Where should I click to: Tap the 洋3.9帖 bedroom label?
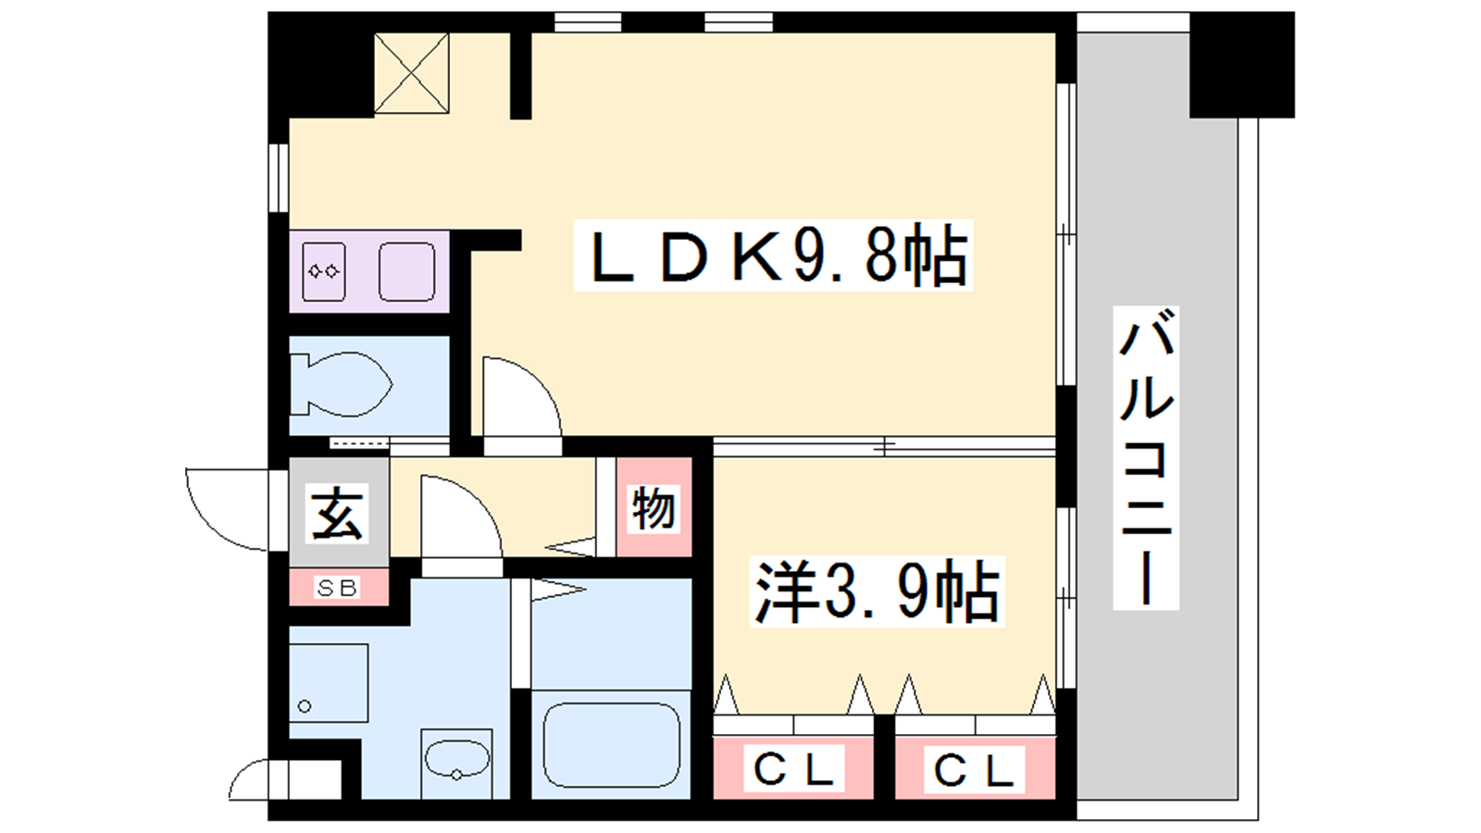877,591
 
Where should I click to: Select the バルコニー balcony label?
1146,457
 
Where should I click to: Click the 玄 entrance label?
338,513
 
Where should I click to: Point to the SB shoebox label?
338,588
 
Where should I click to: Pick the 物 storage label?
653,508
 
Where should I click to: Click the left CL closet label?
793,768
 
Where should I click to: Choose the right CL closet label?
975,769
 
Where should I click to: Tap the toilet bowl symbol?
342,385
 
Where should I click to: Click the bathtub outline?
612,745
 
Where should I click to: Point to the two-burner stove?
324,271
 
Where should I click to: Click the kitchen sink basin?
406,271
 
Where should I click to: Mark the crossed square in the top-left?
411,74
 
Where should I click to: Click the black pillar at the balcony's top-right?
1241,65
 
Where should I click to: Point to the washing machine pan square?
329,683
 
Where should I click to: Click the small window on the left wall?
279,178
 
